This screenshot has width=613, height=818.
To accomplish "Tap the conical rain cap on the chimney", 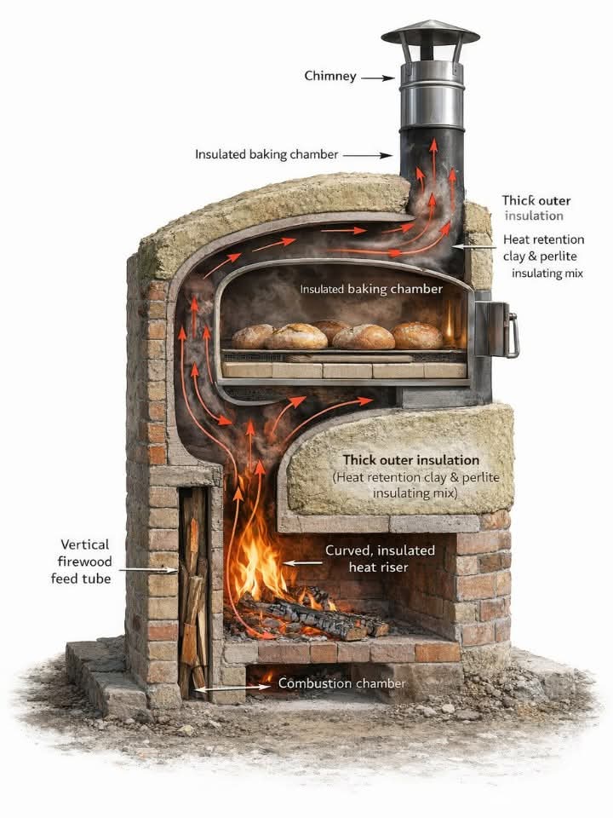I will click(x=430, y=32).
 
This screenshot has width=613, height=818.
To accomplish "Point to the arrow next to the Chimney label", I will click(x=378, y=78).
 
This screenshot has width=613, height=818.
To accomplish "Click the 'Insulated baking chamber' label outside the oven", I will click(x=266, y=154).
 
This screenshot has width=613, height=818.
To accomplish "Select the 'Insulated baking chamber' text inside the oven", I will click(x=371, y=290).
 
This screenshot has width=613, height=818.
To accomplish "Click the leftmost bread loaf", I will click(x=253, y=337).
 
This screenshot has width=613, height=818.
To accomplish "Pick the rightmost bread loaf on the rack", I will click(x=417, y=336).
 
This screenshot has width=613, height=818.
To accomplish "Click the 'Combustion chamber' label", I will click(x=342, y=683).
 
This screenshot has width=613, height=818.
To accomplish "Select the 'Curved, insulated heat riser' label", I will click(x=380, y=559).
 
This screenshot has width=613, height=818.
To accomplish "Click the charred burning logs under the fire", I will click(x=315, y=618).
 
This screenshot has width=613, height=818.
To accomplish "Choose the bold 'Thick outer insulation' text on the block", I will click(x=410, y=460).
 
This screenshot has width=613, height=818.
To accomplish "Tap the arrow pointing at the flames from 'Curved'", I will click(x=301, y=563).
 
